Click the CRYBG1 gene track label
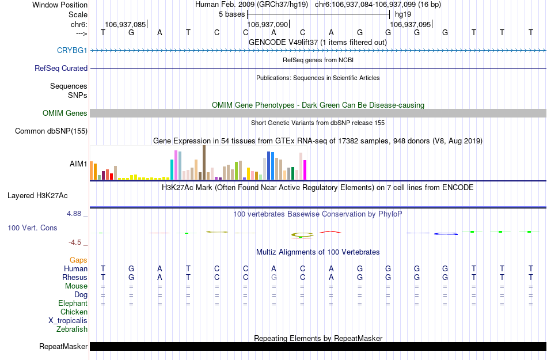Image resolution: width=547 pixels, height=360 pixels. pyautogui.click(x=72, y=51)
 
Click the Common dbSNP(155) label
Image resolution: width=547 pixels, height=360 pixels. pyautogui.click(x=51, y=131)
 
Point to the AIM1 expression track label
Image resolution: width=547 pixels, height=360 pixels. pyautogui.click(x=78, y=164)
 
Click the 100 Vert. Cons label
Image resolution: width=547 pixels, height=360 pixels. pyautogui.click(x=32, y=228)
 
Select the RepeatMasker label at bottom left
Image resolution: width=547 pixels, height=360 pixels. pyautogui.click(x=63, y=347)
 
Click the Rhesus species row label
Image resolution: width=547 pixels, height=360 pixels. pyautogui.click(x=75, y=278)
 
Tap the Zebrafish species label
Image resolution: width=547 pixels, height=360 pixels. pyautogui.click(x=72, y=329)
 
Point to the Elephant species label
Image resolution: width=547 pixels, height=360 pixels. pyautogui.click(x=73, y=304)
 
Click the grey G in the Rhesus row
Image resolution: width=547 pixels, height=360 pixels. pyautogui.click(x=274, y=278)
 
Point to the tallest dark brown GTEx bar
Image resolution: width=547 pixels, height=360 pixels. pyautogui.click(x=204, y=162)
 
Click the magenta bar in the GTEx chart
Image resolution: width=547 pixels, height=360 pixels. pyautogui.click(x=305, y=170)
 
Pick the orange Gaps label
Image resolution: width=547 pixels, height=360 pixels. pyautogui.click(x=78, y=260)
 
